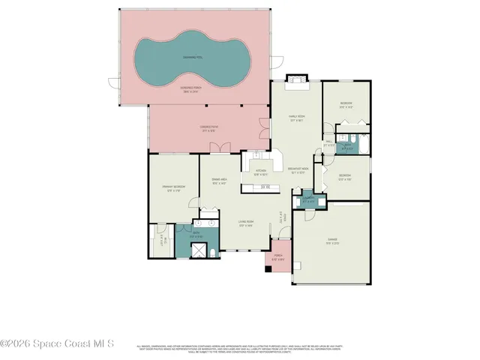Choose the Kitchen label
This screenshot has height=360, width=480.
[x=261, y=172]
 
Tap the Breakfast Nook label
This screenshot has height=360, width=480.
[x=299, y=170]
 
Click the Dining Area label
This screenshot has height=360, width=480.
[x=220, y=181]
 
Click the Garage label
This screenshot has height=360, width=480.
[x=332, y=241]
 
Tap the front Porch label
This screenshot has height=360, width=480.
[x=278, y=256]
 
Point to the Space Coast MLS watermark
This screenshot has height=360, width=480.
[x=57, y=344]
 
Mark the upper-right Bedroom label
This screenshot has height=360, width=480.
[x=346, y=104]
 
